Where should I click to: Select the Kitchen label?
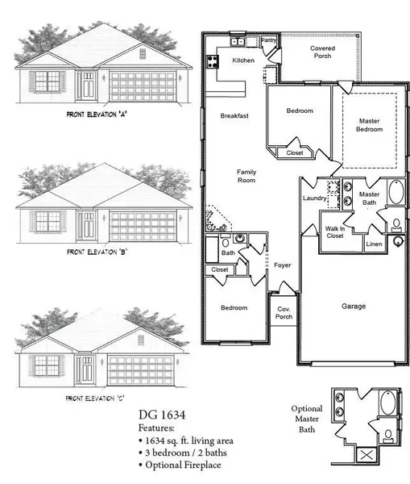click(243, 60)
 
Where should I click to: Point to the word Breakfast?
click(234, 116)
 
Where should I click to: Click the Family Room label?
click(245, 176)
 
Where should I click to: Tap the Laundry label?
click(313, 198)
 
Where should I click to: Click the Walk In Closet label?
click(335, 233)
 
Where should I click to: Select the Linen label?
click(373, 243)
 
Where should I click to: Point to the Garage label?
click(353, 306)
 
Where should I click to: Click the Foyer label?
click(282, 265)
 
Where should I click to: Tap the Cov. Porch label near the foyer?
click(284, 312)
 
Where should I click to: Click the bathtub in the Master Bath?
click(396, 194)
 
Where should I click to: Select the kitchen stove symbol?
click(213, 60)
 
